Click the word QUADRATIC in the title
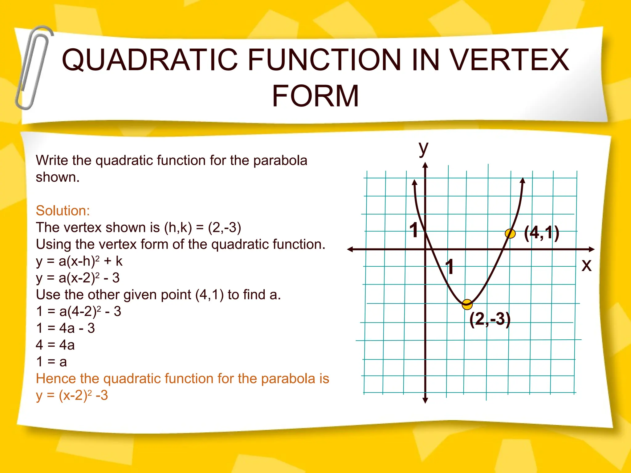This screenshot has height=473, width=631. (150, 60)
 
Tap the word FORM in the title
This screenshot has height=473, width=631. (315, 96)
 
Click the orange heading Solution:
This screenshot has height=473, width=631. (63, 211)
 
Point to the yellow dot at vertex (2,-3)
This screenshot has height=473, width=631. (467, 304)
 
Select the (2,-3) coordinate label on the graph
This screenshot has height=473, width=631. (490, 319)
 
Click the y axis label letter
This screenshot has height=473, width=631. (424, 148)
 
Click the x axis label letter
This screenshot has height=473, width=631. (586, 265)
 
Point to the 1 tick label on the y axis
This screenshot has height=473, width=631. (414, 230)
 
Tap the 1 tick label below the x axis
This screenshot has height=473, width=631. (450, 266)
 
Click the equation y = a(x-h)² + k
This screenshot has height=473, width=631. (79, 261)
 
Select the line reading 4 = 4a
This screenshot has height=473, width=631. (55, 345)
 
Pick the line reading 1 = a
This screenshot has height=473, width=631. (51, 362)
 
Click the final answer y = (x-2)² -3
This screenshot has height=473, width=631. (72, 395)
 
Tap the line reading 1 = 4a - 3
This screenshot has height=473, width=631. (65, 328)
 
